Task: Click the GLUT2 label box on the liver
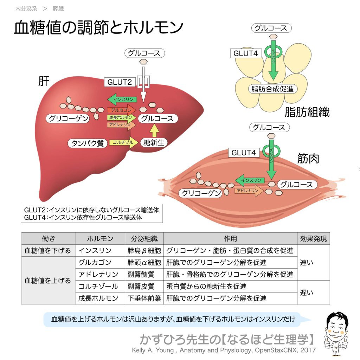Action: pyautogui.click(x=120, y=82)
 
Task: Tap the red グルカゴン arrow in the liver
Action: pyautogui.click(x=121, y=110)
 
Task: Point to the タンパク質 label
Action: pyautogui.click(x=88, y=143)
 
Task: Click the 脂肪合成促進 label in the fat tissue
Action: pyautogui.click(x=272, y=89)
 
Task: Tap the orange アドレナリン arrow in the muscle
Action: pyautogui.click(x=249, y=191)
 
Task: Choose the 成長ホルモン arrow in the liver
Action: pyautogui.click(x=121, y=117)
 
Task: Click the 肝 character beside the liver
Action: pyautogui.click(x=44, y=82)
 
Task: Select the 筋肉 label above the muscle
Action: pyautogui.click(x=308, y=159)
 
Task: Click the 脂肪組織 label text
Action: pyautogui.click(x=307, y=112)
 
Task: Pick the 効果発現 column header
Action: pyautogui.click(x=313, y=239)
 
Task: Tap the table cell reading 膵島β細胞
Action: pyautogui.click(x=144, y=251)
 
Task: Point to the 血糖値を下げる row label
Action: pyautogui.click(x=48, y=251)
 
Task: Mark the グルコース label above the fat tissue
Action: pyautogui.click(x=271, y=28)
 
